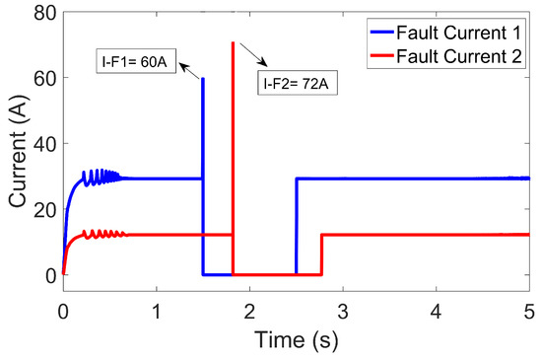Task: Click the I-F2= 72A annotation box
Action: coord(299,84)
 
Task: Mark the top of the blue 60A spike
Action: coord(203,78)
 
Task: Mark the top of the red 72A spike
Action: coord(233,42)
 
